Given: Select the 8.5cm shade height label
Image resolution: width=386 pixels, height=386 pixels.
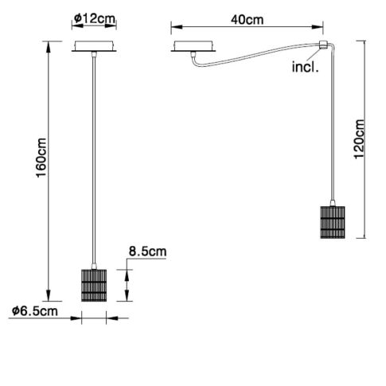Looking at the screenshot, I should click(x=147, y=253).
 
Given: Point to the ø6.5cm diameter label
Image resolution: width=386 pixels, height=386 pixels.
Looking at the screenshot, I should click(x=35, y=311).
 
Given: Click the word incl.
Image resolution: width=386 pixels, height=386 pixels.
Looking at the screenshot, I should click(x=305, y=68).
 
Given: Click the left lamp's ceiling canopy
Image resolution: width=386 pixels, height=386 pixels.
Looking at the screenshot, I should click(x=94, y=46).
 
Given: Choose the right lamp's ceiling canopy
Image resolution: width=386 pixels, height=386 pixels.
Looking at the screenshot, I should click(x=194, y=46).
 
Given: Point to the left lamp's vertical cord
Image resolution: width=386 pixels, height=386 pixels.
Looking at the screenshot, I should click(x=95, y=159).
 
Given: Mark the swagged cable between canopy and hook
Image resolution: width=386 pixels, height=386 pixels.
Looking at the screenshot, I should click(x=255, y=54).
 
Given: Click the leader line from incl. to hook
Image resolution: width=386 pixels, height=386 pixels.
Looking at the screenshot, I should click(x=314, y=55).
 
